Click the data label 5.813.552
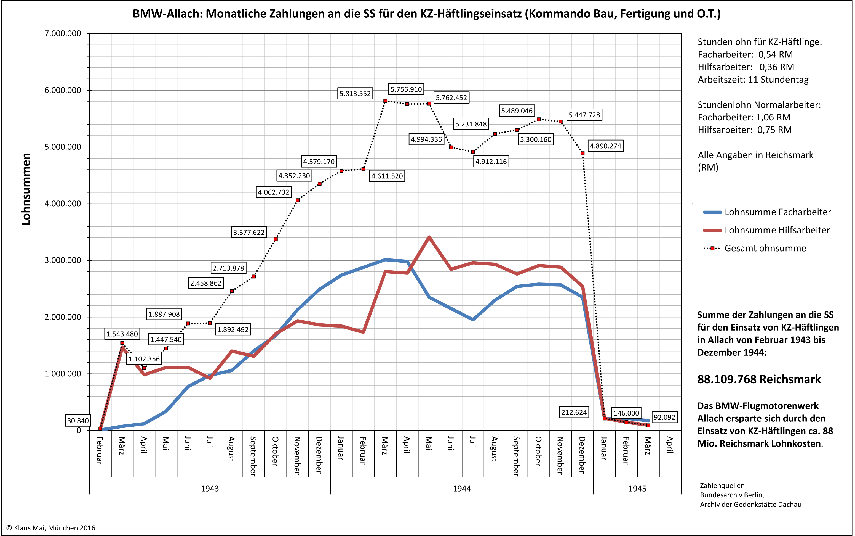pyautogui.click(x=355, y=94)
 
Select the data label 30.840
pyautogui.click(x=78, y=421)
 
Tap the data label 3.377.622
pyautogui.click(x=249, y=233)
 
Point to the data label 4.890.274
pyautogui.click(x=605, y=146)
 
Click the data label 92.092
pyautogui.click(x=664, y=417)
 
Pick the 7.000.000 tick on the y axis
pyautogui.click(x=63, y=34)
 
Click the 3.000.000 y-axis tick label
pyautogui.click(x=63, y=260)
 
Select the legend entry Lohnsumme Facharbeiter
pyautogui.click(x=777, y=212)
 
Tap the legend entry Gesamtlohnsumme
pyautogui.click(x=765, y=248)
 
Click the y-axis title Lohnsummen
pyautogui.click(x=26, y=189)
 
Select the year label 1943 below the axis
pyautogui.click(x=210, y=489)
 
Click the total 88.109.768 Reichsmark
pyautogui.click(x=759, y=379)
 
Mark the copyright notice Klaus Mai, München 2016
pyautogui.click(x=51, y=528)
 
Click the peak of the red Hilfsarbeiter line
pyautogui.click(x=429, y=237)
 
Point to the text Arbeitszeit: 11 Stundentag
pyautogui.click(x=753, y=80)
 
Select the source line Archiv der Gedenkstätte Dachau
pyautogui.click(x=750, y=505)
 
